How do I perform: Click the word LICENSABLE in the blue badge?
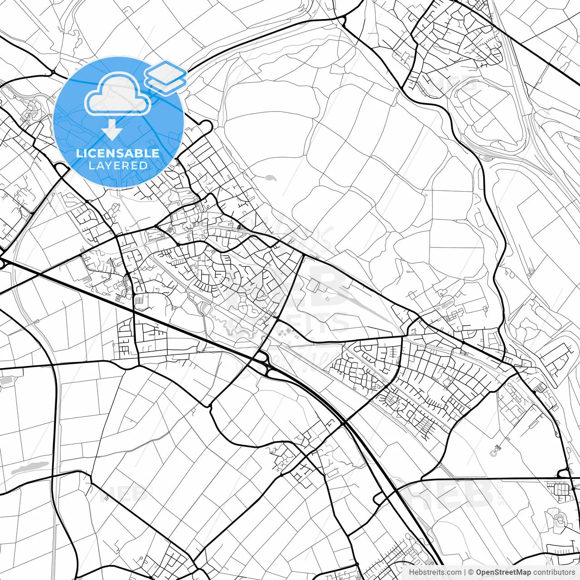pyautogui.click(x=118, y=153)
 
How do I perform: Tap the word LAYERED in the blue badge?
pyautogui.click(x=118, y=165)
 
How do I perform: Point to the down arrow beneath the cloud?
pyautogui.click(x=111, y=130)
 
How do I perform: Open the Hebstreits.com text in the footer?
pyautogui.click(x=435, y=572)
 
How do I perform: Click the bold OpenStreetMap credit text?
pyautogui.click(x=503, y=572)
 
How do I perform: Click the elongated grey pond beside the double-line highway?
pyautogui.click(x=29, y=468)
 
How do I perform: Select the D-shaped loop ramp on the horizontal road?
pyautogui.click(x=564, y=474)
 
